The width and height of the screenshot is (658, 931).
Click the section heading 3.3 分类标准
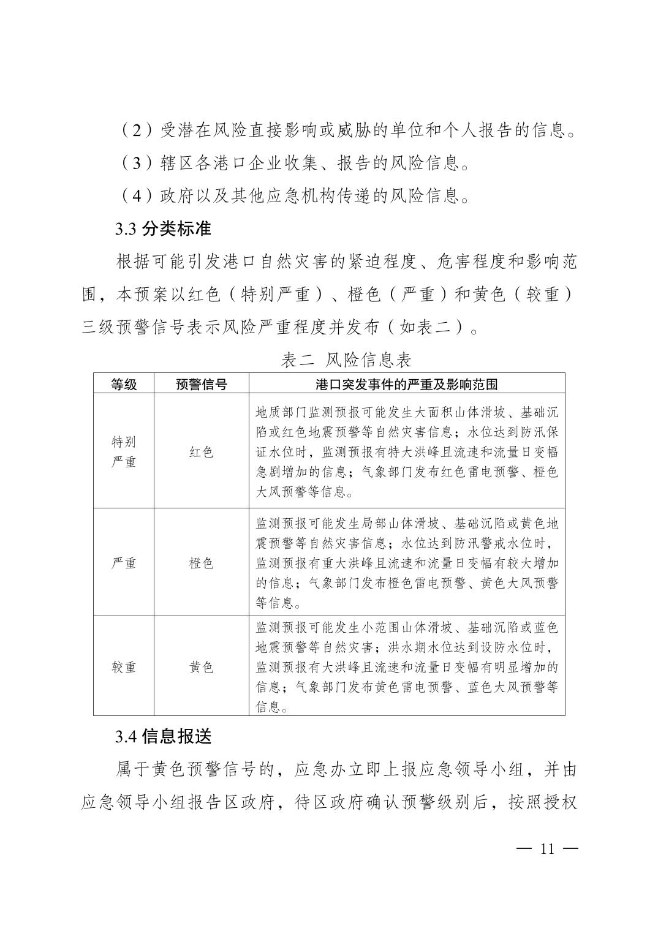point(163,229)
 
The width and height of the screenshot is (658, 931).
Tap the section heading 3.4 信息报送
point(163,736)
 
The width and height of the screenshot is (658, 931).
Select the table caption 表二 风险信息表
point(346,360)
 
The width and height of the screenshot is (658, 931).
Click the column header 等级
point(124,384)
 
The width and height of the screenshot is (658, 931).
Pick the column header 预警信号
point(202,384)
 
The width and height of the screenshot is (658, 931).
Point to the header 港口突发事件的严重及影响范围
point(407,384)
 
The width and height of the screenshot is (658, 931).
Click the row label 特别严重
point(124,451)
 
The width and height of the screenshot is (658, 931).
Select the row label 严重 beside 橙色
point(124,563)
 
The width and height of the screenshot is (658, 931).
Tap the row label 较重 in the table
point(124,667)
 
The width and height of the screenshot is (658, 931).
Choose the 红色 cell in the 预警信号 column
point(202,452)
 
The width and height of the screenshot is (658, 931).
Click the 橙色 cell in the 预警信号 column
point(202,563)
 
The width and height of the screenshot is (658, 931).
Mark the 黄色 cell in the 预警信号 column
point(202,667)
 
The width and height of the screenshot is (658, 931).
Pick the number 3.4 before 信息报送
point(125,737)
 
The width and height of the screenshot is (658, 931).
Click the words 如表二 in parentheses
point(425,328)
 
